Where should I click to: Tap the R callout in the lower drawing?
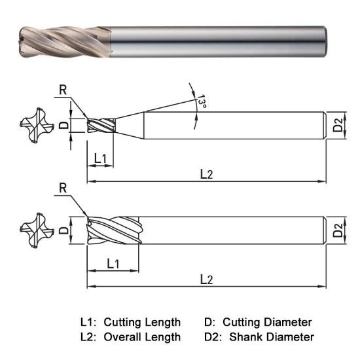pos(63,189)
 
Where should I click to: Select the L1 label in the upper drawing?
pos(101,158)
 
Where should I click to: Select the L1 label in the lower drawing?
pos(113,263)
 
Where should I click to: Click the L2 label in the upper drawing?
pos(206,173)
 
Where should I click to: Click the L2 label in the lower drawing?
pos(206,279)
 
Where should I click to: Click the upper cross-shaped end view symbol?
pos(33,125)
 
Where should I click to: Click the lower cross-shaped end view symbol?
pos(33,230)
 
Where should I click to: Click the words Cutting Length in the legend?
pos(142,322)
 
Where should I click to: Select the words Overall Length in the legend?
pos(142,337)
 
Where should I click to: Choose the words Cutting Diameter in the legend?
pos(267,322)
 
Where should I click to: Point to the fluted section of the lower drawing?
pos(113,230)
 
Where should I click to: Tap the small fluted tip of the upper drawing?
pos(101,125)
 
